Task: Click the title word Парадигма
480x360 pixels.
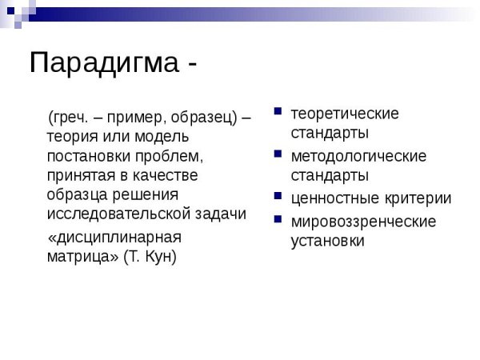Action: tap(105, 63)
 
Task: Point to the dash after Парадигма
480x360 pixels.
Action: tap(191, 64)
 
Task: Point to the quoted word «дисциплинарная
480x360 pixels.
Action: tap(114, 238)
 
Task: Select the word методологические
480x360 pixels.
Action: tap(358, 155)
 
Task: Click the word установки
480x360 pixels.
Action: tap(327, 240)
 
